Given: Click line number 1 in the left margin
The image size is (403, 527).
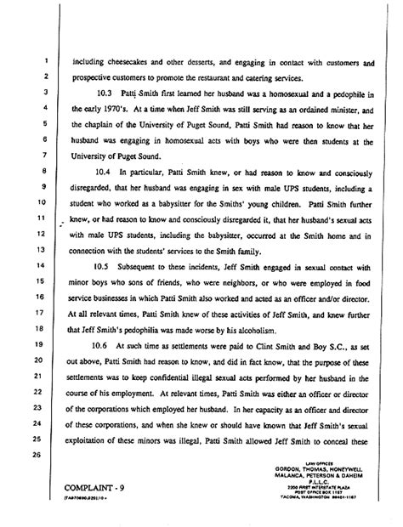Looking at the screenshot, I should coord(43,61).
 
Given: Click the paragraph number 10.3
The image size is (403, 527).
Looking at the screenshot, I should coord(108,93).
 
